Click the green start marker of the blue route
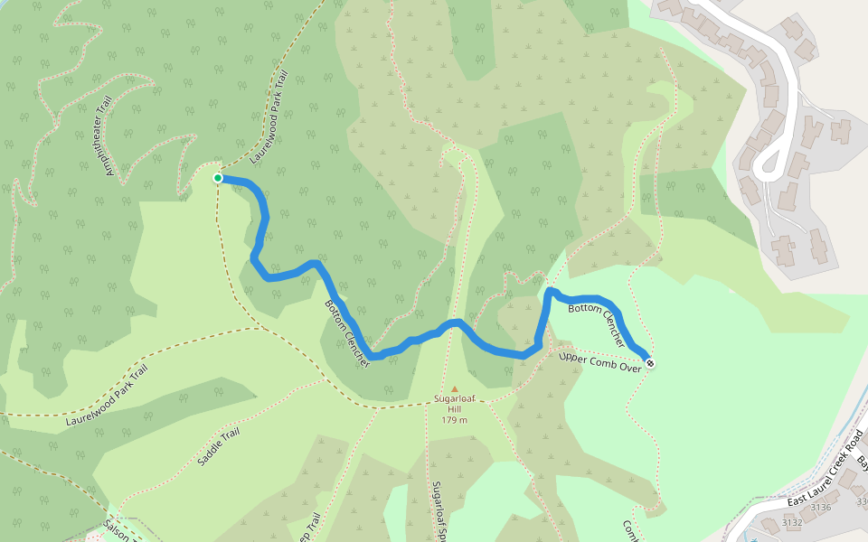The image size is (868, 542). [x=218, y=178]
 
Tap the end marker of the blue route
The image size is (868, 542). [x=649, y=364]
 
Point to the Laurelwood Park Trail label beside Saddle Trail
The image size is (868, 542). [x=107, y=396]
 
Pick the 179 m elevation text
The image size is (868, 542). [x=455, y=420]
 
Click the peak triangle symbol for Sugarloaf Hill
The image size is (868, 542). [x=455, y=389]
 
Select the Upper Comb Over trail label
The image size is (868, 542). [x=599, y=360]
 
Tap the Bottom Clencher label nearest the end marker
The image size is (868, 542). [x=597, y=326]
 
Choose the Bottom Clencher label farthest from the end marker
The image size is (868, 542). [x=347, y=332]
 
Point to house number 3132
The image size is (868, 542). [x=792, y=523]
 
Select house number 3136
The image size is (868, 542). [x=820, y=508]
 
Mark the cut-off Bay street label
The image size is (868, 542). [x=861, y=463]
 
